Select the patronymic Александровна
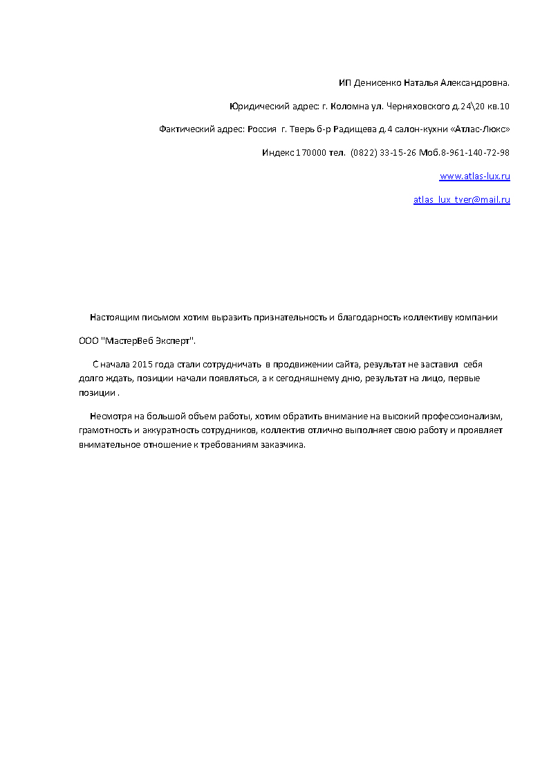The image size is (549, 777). click(x=476, y=83)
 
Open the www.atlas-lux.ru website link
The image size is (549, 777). click(x=474, y=176)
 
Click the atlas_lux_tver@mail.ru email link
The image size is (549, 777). click(x=461, y=200)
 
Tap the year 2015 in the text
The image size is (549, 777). click(x=140, y=364)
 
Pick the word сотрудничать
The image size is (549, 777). click(x=232, y=364)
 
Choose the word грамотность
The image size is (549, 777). click(x=104, y=430)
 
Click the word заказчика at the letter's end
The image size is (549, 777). click(x=282, y=444)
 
